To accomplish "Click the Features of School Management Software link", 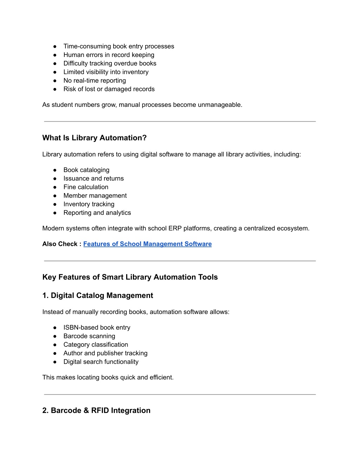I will click(x=147, y=244).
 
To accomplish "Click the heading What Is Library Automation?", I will click(x=94, y=138).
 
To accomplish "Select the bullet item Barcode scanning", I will click(x=89, y=336).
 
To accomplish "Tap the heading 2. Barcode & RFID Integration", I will click(x=96, y=410).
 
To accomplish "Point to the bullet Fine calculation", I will click(x=86, y=187).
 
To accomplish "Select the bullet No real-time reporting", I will click(x=95, y=81).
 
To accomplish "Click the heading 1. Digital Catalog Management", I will click(x=98, y=295).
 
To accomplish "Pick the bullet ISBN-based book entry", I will click(x=97, y=327).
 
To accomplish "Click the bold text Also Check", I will click(x=60, y=244).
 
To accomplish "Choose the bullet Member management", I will click(x=95, y=196).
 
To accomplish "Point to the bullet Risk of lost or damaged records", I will click(x=109, y=89).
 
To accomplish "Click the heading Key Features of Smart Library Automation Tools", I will click(x=130, y=277).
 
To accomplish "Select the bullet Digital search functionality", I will click(x=101, y=362).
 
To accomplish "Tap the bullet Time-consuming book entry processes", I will click(x=119, y=46).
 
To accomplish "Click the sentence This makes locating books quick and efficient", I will click(x=108, y=377).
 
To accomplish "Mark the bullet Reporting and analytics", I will click(x=97, y=213).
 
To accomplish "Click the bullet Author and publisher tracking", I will click(x=105, y=353).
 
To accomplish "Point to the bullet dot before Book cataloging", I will click(x=55, y=170).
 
